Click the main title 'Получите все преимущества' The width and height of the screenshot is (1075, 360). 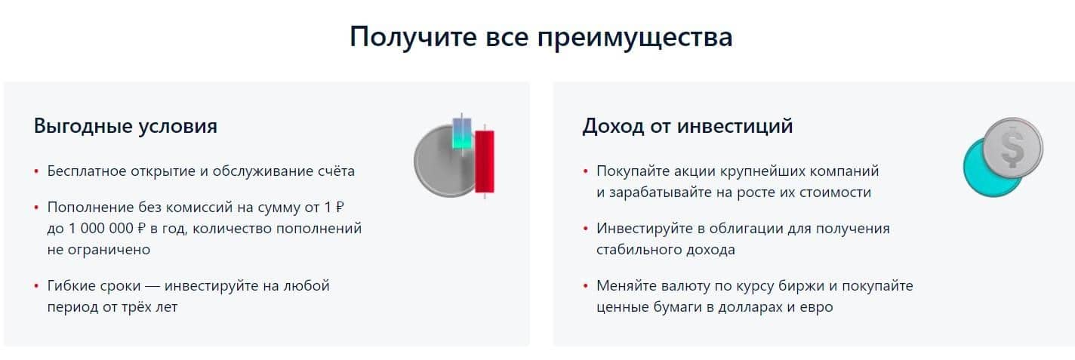pos(541,38)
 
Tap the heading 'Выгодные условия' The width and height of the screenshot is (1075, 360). pos(126,126)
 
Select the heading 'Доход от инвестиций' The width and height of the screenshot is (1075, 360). pos(688,126)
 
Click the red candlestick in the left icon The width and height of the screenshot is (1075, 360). pos(485,162)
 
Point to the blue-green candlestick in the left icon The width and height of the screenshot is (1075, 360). pos(462,134)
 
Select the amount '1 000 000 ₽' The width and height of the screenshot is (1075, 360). pos(107,229)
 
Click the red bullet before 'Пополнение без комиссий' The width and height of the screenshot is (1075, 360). pos(36,208)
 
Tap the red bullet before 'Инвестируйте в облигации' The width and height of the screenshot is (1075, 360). pos(586,229)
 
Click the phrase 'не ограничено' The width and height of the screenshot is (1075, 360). pos(99,250)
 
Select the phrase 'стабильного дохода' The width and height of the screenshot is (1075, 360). pos(666,250)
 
